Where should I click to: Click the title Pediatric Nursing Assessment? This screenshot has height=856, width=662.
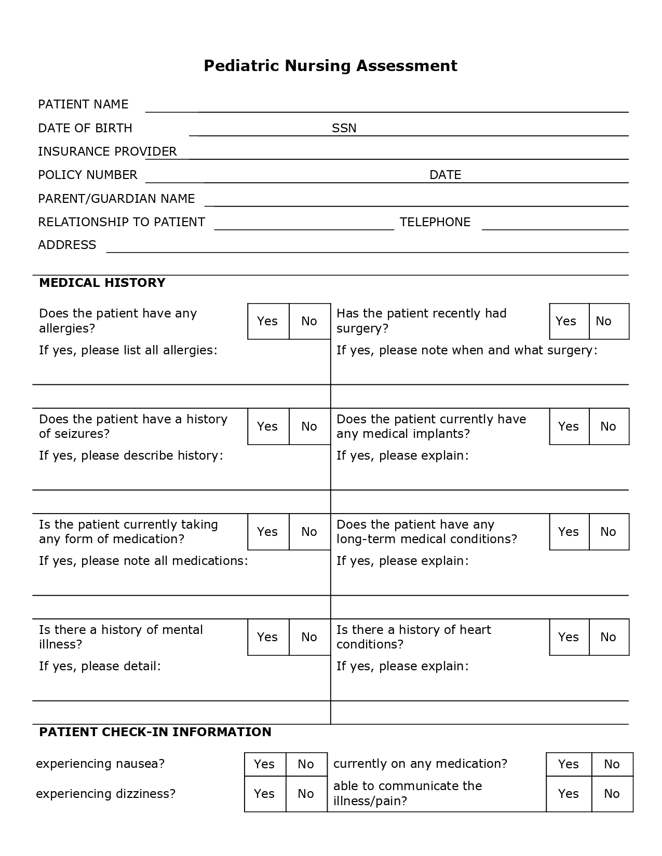point(330,66)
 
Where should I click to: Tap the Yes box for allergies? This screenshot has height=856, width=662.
point(268,321)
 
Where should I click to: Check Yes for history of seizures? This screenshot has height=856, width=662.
point(268,426)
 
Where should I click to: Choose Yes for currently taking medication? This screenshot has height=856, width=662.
point(268,532)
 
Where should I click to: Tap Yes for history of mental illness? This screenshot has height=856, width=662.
point(268,637)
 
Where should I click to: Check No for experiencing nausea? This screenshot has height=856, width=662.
point(306,764)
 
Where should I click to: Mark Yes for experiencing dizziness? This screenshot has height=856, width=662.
point(265,794)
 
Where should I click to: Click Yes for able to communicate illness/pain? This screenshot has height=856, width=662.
point(569,794)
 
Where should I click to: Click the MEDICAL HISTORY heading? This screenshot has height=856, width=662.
point(102,283)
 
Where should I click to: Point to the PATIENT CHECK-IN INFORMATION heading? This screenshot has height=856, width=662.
point(155,732)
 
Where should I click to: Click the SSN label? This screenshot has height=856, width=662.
point(344,128)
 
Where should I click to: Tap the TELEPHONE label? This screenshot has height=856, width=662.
point(435,222)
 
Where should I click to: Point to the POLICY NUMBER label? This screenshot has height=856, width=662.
point(88,175)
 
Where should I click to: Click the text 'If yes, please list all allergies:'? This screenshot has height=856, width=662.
point(128,350)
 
